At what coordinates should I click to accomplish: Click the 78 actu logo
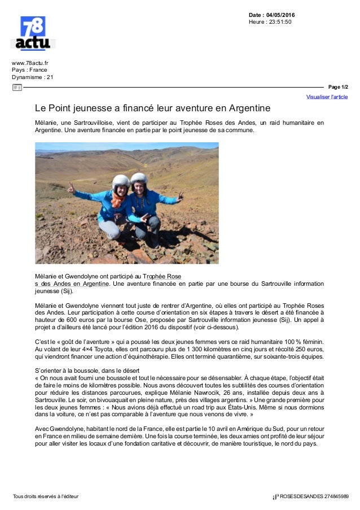[33, 34]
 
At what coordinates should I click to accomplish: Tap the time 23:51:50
[280, 22]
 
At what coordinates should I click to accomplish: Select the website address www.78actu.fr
[31, 62]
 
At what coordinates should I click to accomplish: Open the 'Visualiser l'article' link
[327, 97]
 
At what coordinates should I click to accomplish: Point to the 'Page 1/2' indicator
[338, 88]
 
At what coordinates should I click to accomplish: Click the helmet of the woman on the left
[121, 182]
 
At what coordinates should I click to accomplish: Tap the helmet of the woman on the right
[139, 179]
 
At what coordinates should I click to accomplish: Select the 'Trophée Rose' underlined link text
[161, 276]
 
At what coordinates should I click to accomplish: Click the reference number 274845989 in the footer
[332, 496]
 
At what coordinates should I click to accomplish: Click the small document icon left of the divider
[16, 88]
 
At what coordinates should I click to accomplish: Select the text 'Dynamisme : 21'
[33, 77]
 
